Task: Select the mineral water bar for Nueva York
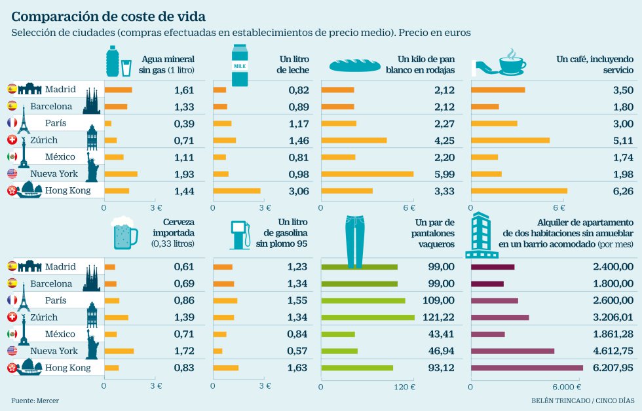[x=121, y=174]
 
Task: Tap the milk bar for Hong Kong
[x=236, y=191]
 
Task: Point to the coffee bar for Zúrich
[x=510, y=140]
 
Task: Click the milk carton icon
[x=240, y=65]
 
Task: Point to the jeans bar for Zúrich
[x=368, y=317]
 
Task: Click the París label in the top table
[x=55, y=123]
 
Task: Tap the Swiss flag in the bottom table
[x=12, y=317]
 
